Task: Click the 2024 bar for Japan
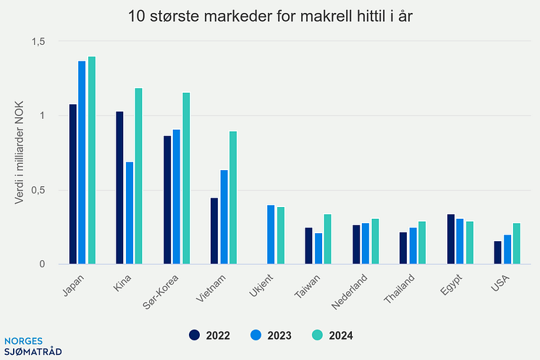coord(92,160)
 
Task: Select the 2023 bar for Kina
coord(130,213)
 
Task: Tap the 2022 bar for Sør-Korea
coord(167,200)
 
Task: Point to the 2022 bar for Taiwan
coord(308,246)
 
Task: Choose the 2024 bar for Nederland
coord(374,241)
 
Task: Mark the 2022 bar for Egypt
coord(450,239)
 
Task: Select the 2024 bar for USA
coord(516,243)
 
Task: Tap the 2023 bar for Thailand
coord(413,246)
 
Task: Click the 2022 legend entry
coord(211,335)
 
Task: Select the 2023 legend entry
coord(272,335)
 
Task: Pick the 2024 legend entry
coord(334,335)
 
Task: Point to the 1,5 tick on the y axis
coord(38,42)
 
